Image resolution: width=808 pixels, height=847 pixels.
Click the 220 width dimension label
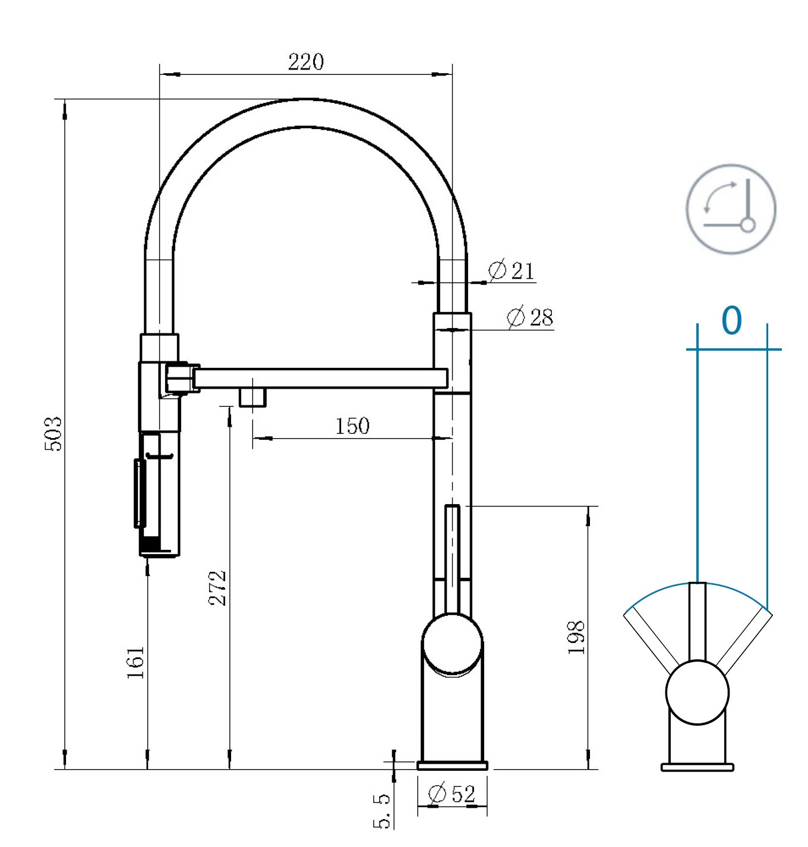[x=306, y=62]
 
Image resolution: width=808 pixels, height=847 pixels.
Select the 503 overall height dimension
[x=53, y=434]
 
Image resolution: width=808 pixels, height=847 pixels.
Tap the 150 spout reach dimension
[x=352, y=426]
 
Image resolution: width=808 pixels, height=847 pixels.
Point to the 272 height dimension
[x=217, y=588]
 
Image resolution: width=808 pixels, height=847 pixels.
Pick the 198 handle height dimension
[x=576, y=638]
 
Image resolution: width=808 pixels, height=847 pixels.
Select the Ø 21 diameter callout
[x=512, y=270]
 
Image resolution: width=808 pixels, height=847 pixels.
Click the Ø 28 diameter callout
[x=530, y=317]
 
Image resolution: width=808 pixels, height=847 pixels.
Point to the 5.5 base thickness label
[x=381, y=811]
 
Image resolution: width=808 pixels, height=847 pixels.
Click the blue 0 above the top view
[x=732, y=320]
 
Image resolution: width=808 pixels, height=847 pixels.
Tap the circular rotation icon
[x=731, y=209]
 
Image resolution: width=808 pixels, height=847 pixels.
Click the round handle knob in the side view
[x=452, y=644]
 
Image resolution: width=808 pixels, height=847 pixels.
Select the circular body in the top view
[x=697, y=692]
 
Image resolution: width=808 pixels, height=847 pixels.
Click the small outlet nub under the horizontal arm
[x=252, y=397]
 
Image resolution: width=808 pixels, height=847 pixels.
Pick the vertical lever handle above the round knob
[x=452, y=559]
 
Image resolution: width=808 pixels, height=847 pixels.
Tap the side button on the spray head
[x=140, y=493]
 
